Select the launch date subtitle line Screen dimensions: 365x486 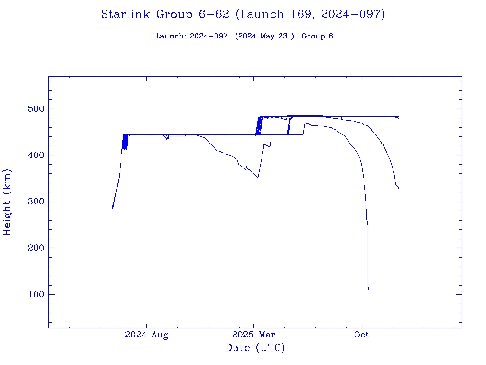click(244, 36)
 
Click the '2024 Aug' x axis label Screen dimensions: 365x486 click(146, 335)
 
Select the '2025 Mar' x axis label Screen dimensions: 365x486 click(253, 335)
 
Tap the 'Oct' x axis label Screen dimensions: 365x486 click(362, 335)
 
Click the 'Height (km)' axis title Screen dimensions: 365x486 click(8, 202)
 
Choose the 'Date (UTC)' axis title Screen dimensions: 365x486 click(255, 348)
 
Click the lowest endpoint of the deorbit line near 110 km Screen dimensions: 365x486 click(368, 289)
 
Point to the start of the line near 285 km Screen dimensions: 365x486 click(112, 208)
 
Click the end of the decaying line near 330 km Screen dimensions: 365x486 click(399, 189)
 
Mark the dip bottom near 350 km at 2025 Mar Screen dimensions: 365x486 click(258, 178)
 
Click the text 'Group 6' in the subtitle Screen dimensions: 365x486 click(317, 36)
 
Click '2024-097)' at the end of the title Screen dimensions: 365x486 click(353, 15)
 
